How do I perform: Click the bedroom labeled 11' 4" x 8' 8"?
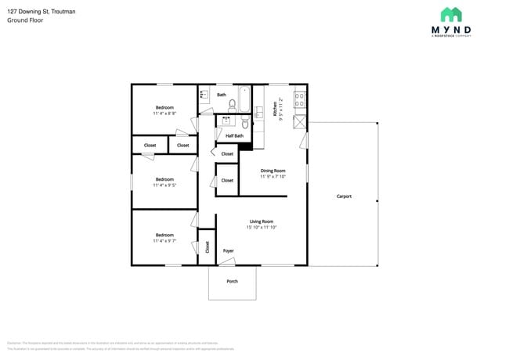[x=164, y=110]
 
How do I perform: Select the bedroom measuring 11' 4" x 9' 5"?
[x=164, y=182]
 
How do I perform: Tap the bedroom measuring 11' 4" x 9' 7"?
[x=164, y=237]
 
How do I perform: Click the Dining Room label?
[x=273, y=171]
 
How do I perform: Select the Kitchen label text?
[x=275, y=109]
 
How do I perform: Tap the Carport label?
[x=344, y=196]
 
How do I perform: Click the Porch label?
[x=232, y=281]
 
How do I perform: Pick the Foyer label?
[x=229, y=250]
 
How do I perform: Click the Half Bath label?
[x=234, y=135]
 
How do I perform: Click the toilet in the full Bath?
[x=232, y=104]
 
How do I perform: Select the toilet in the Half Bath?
[x=244, y=123]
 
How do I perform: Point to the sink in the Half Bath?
[x=226, y=121]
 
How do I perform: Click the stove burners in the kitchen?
[x=299, y=99]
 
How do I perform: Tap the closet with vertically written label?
[x=207, y=247]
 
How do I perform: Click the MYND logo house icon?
[x=450, y=15]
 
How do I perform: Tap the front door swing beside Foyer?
[x=227, y=261]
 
